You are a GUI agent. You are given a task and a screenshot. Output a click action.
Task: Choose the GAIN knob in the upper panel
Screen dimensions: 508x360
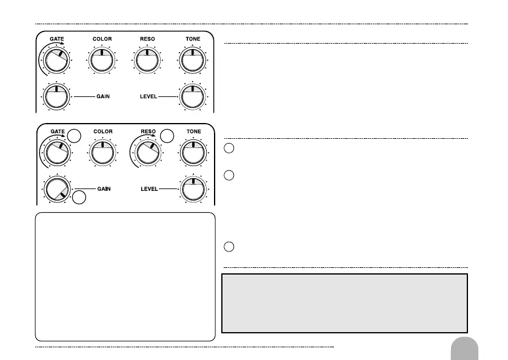(x=56, y=96)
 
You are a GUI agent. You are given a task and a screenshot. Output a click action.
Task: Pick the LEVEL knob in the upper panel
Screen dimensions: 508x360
(x=192, y=96)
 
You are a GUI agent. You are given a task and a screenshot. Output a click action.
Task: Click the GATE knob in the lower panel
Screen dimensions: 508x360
(x=56, y=152)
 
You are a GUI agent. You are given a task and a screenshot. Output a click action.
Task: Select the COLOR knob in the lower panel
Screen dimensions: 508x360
(x=102, y=152)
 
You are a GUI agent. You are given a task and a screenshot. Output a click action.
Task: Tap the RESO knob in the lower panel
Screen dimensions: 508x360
(x=147, y=152)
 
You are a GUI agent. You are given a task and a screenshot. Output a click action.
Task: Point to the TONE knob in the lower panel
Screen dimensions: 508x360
(x=192, y=152)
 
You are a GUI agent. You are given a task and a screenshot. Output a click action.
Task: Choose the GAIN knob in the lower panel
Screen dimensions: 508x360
(x=56, y=189)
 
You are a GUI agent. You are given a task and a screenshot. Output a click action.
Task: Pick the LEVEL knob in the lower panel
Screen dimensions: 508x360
(x=192, y=189)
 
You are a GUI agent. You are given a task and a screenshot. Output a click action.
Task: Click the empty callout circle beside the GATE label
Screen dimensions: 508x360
(x=74, y=136)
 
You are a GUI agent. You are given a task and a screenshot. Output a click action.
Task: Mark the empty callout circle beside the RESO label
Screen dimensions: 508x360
(x=167, y=135)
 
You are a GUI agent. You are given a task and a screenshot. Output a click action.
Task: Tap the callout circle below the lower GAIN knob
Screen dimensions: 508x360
(x=80, y=198)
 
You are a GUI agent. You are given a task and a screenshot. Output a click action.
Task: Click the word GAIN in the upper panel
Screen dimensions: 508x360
(x=103, y=96)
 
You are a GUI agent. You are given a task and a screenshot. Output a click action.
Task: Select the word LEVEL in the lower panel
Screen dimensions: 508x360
(x=149, y=189)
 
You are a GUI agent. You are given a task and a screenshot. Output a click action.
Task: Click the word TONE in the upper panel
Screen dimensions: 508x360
(x=192, y=39)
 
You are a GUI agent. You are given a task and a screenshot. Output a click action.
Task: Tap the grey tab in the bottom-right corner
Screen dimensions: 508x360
(x=465, y=349)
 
